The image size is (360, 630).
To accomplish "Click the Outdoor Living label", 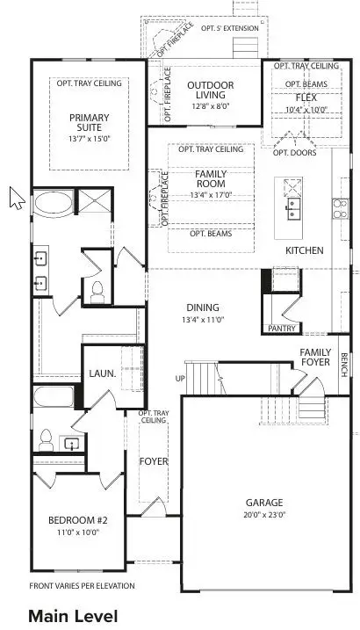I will [210, 91].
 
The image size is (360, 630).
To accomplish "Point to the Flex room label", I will [306, 98].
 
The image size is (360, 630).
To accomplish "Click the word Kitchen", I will [305, 250].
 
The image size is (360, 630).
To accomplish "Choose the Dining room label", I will [203, 308].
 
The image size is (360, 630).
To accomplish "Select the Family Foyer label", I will [315, 357].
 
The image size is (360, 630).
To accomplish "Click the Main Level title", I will [72, 616].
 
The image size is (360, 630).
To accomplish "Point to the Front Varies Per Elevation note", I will [83, 585].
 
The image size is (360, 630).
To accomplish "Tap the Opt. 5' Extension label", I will [230, 28].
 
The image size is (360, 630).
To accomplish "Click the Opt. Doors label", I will [292, 152].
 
